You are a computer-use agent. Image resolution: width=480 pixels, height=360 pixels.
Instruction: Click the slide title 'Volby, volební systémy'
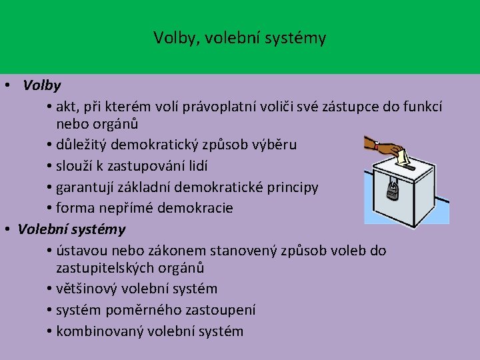coord(240,38)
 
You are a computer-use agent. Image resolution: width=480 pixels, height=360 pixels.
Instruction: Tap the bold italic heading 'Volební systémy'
coord(71,229)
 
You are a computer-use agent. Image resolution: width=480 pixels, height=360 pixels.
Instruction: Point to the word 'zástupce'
coord(358,107)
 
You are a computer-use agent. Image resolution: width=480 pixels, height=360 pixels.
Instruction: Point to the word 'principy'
coord(293,187)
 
